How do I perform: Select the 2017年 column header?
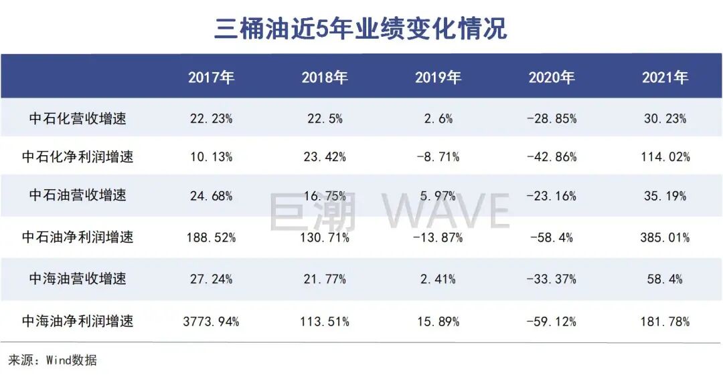point(211,78)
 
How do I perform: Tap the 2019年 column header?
point(438,78)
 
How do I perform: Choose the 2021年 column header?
point(665,78)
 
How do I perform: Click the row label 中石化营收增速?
point(78,119)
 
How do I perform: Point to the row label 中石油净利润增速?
point(78,237)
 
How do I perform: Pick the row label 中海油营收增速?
point(78,279)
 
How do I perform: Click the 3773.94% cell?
point(211,322)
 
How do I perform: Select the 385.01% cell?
point(665,237)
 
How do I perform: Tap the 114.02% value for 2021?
point(665,158)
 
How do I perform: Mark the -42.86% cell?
point(552,158)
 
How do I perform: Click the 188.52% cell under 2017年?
point(211,237)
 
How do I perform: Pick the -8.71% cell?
point(438,158)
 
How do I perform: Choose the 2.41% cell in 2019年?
point(438,279)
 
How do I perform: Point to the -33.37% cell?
point(552,279)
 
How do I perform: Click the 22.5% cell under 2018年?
point(325,119)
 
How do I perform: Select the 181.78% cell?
point(665,322)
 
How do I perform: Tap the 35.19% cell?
point(665,197)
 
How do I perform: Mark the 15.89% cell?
point(438,322)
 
